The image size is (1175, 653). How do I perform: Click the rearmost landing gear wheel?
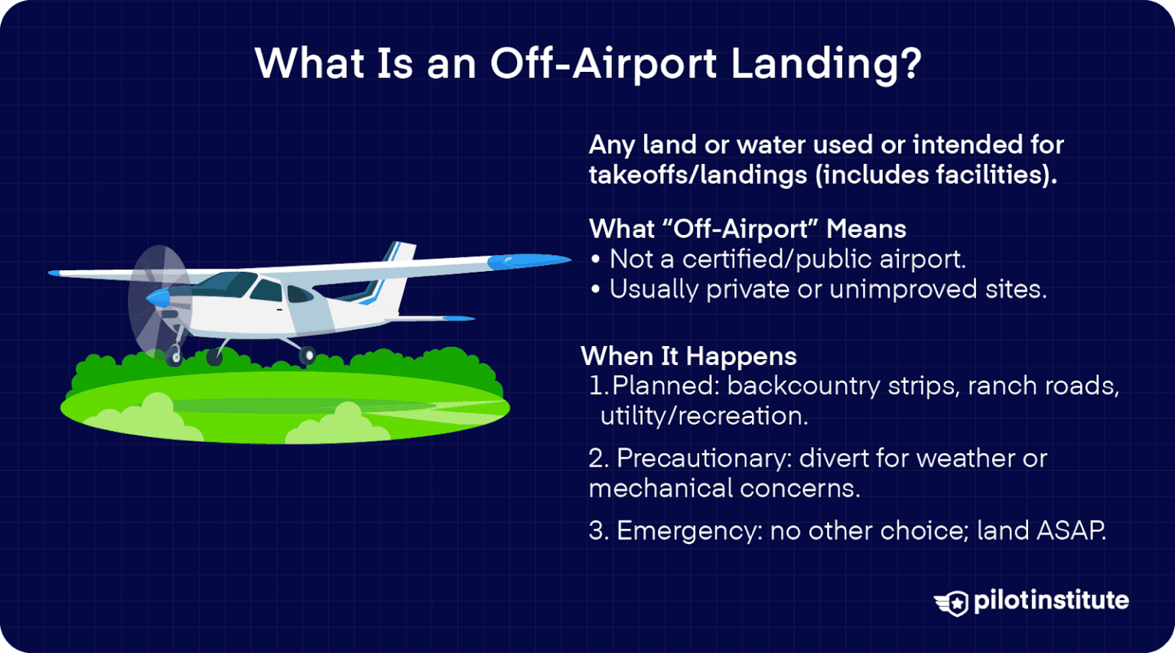point(308,355)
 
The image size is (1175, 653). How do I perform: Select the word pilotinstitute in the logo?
point(1051,601)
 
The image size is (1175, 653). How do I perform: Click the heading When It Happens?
point(688,356)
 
